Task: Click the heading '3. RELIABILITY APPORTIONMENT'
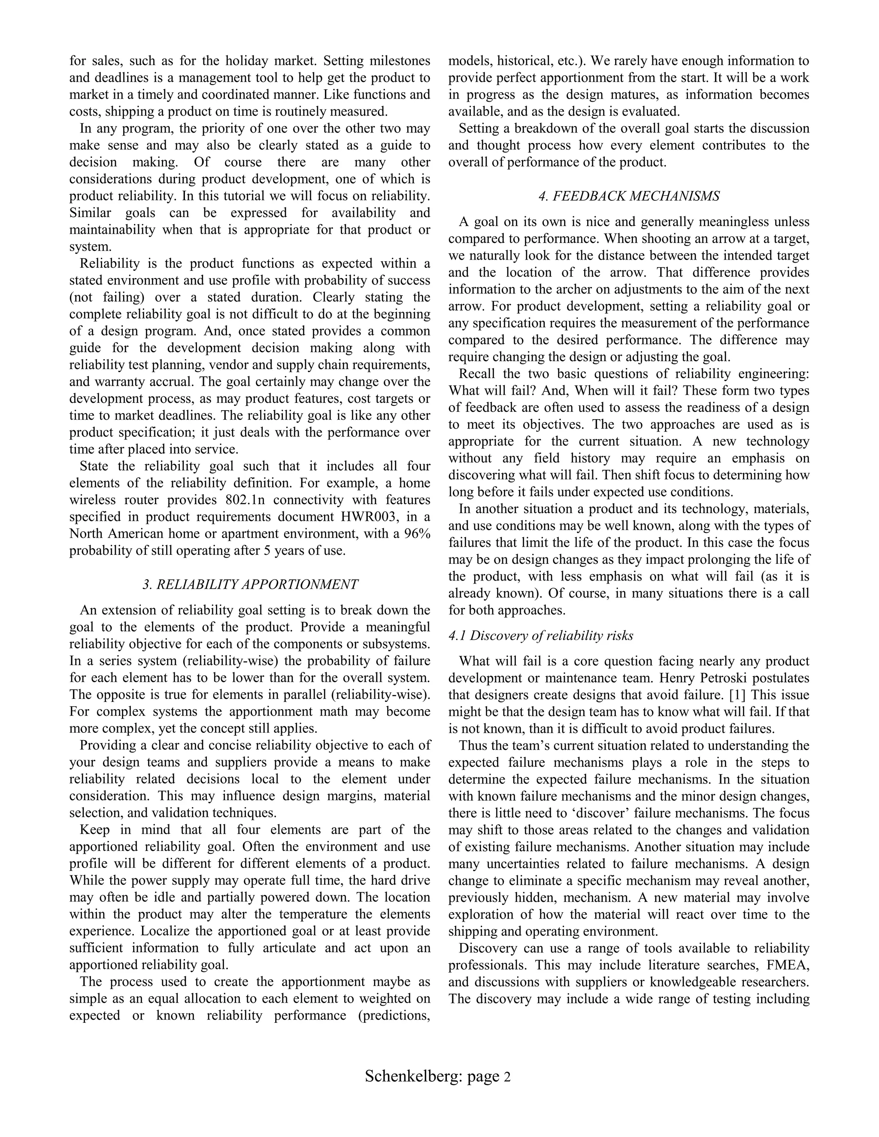250,584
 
